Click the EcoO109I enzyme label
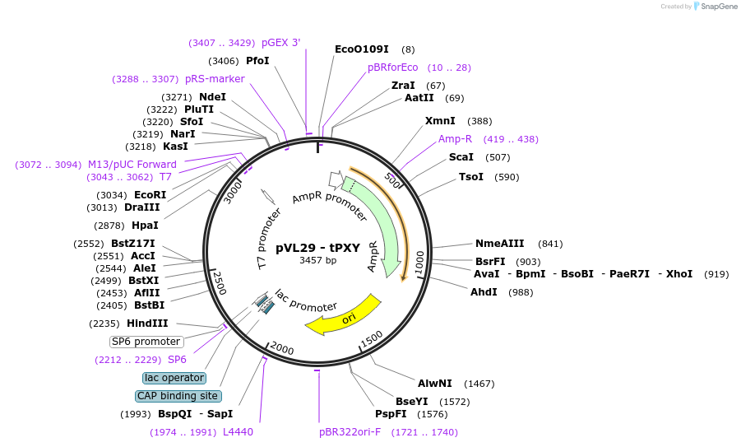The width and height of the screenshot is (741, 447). coord(361,49)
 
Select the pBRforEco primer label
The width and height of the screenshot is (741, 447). coord(392,68)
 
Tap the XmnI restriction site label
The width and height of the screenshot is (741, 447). coord(439,121)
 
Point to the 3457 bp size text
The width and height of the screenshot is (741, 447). coord(317,260)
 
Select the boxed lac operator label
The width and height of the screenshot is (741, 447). coord(174,378)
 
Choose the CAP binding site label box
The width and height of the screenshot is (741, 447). coord(178,396)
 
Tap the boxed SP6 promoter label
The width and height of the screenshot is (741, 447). coord(146,342)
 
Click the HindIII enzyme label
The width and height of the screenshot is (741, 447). coord(147,324)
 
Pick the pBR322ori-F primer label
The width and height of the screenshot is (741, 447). coord(350,432)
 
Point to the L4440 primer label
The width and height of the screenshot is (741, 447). coord(238,432)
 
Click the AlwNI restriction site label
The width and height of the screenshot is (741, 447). coord(434,384)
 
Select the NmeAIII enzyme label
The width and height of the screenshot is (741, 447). coord(499,244)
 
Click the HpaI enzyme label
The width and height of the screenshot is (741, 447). coord(145,225)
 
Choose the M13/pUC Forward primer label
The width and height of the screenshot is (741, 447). coord(132,165)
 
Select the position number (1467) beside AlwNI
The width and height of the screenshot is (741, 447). coord(479,384)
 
